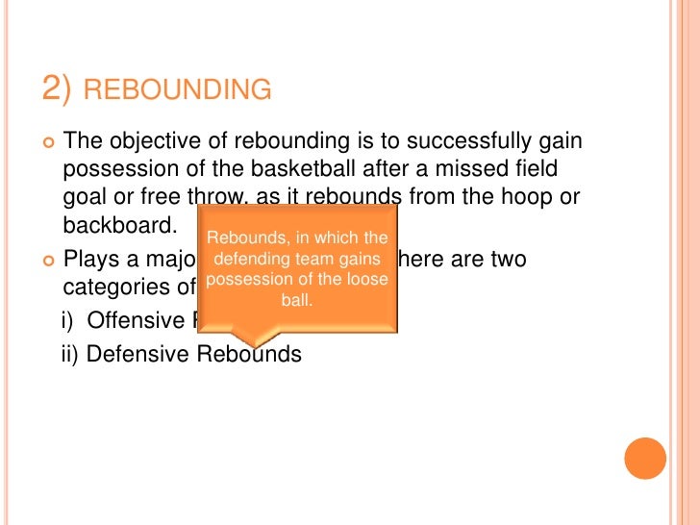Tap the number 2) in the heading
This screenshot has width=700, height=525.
(57, 89)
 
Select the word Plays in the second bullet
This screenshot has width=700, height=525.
(89, 260)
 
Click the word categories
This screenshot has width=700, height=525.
(124, 287)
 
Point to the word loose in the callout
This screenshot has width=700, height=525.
(356, 280)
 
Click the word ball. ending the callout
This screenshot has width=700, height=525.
(297, 300)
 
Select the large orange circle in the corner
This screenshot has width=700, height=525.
(645, 458)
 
